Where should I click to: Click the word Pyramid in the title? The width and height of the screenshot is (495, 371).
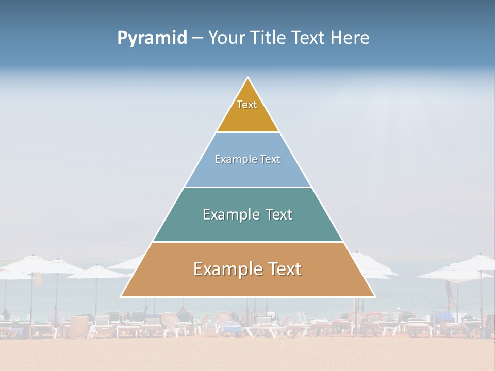152,38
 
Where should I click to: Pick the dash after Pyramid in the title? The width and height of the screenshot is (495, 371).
197,38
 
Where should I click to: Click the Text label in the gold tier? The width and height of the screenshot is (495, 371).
247,105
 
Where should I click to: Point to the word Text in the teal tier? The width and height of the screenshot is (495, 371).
278,214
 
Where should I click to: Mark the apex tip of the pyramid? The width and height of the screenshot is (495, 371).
248,78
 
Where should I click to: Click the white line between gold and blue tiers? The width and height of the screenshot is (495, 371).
248,132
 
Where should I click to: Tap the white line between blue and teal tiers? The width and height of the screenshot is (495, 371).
248,187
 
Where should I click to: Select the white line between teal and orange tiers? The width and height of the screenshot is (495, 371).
248,242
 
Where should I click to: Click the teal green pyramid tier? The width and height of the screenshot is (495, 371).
247,229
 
